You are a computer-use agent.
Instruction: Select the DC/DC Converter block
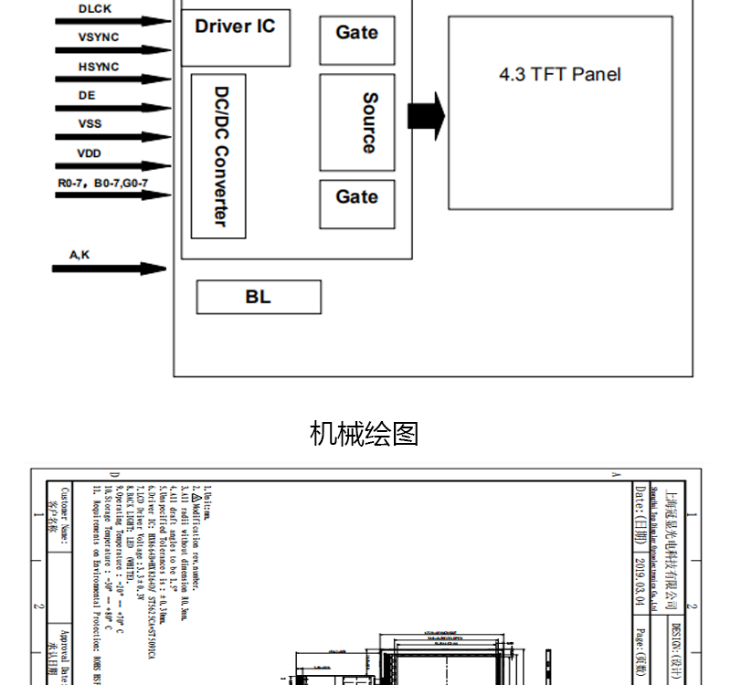[219, 156]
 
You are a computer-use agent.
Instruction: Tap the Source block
[357, 122]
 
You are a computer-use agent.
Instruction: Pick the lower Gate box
[356, 204]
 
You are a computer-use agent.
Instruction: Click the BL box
[259, 297]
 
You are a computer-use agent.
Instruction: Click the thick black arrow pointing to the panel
[426, 115]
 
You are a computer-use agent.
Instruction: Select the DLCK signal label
[95, 8]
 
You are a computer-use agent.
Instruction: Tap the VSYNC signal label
[99, 37]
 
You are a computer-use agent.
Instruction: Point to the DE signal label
[87, 95]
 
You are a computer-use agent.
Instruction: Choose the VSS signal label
[90, 123]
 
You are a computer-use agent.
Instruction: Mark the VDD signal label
[90, 153]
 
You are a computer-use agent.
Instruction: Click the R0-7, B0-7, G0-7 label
[102, 184]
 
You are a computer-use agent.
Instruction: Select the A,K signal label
[79, 255]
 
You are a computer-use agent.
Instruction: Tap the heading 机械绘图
[365, 433]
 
